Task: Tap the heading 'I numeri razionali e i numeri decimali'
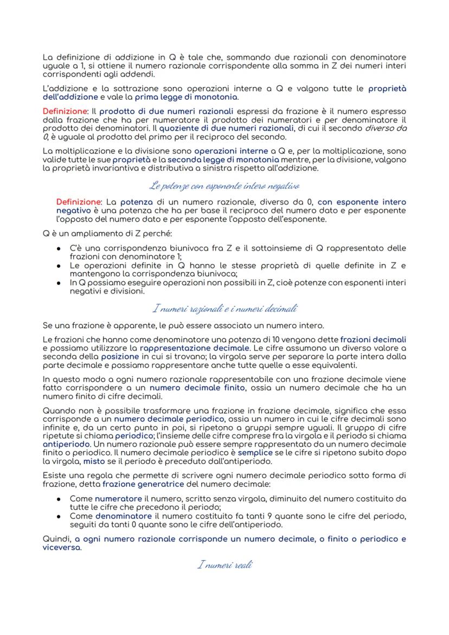[224, 309]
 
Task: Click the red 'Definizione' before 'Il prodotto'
[62, 111]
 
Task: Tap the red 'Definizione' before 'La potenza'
[76, 202]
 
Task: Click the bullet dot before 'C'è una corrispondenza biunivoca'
[58, 248]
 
